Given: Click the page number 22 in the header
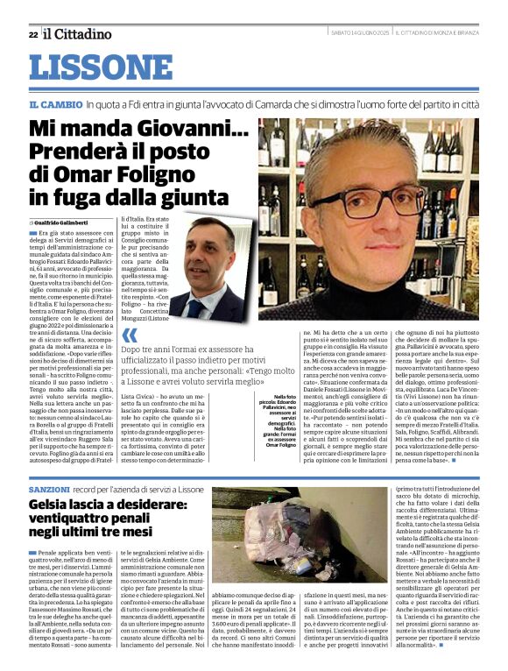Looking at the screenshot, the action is point(32,34).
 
